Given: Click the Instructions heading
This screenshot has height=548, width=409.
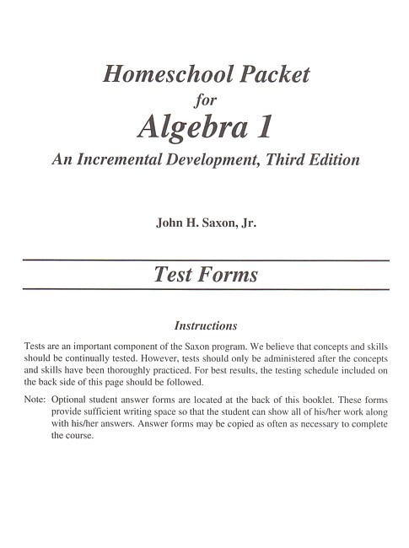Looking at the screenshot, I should click(x=205, y=325).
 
